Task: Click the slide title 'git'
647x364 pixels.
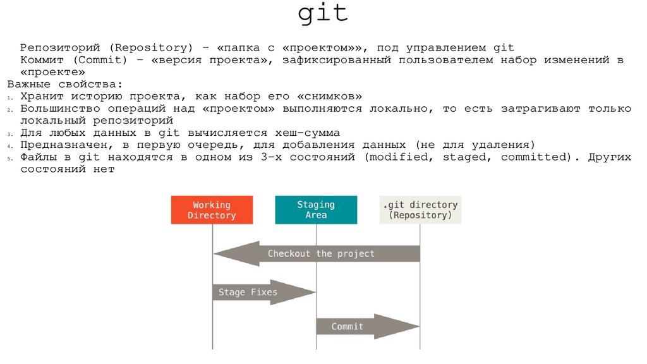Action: pyautogui.click(x=323, y=14)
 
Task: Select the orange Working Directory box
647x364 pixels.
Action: pyautogui.click(x=212, y=210)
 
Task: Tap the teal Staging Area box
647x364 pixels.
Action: pyautogui.click(x=316, y=210)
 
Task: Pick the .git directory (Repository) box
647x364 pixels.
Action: pyautogui.click(x=420, y=210)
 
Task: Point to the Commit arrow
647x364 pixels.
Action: pyautogui.click(x=367, y=327)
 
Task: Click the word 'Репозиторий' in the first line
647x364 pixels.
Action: pyautogui.click(x=55, y=48)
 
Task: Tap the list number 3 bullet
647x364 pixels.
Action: pyautogui.click(x=10, y=134)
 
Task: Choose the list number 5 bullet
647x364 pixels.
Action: pyautogui.click(x=10, y=158)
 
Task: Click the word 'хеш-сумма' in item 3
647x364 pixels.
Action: pyautogui.click(x=309, y=133)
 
